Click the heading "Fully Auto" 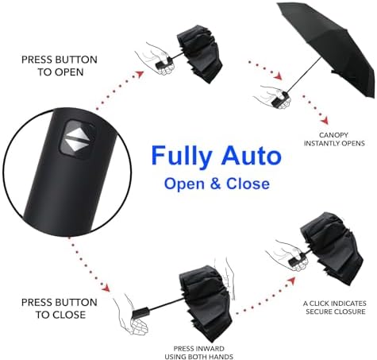click(216, 157)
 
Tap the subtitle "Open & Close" click(217, 184)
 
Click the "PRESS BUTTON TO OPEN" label click(60, 65)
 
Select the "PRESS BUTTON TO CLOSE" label click(60, 308)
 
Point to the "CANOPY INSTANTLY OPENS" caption click(334, 139)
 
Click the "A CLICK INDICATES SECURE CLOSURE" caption click(335, 308)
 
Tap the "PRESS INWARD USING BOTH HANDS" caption click(198, 353)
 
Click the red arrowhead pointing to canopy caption click(325, 121)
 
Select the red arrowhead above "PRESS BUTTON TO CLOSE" click(106, 288)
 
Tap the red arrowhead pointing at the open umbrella click(278, 76)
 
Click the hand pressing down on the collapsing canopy click(228, 278)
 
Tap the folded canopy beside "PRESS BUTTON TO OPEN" click(199, 54)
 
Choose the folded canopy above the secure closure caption click(332, 249)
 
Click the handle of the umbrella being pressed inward click(141, 312)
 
